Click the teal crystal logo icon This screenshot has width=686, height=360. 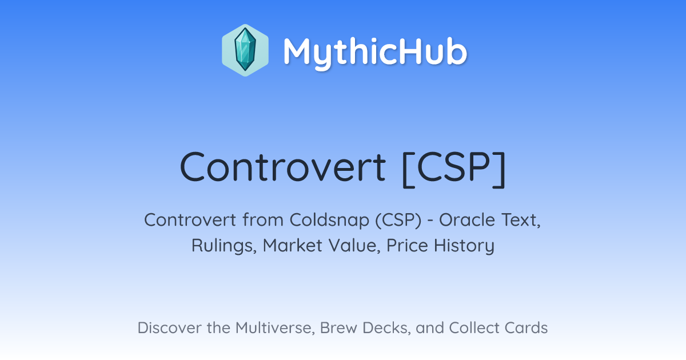pyautogui.click(x=245, y=50)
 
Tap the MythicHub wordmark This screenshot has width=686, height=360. pyautogui.click(x=375, y=53)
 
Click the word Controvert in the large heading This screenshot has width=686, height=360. pyautogui.click(x=282, y=167)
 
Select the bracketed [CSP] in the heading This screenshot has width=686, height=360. pyautogui.click(x=454, y=169)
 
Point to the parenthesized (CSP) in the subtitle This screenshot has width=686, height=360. pyautogui.click(x=398, y=220)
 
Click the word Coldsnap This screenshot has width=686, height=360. pyautogui.click(x=329, y=220)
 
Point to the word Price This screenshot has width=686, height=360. pyautogui.click(x=407, y=245)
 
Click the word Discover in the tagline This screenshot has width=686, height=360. pyautogui.click(x=169, y=328)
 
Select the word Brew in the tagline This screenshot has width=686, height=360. pyautogui.click(x=338, y=328)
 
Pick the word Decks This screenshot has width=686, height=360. pyautogui.click(x=386, y=328)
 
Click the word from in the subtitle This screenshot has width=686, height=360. pyautogui.click(x=263, y=220)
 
